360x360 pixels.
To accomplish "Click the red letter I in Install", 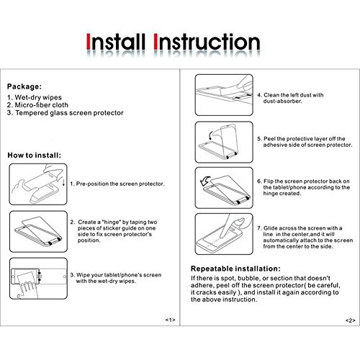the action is point(89,42).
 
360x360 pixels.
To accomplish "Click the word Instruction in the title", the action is point(207,42).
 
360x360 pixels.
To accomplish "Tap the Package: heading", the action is point(24,86).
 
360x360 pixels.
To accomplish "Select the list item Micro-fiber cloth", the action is point(37,105).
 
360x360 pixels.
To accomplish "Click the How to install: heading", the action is point(35,155).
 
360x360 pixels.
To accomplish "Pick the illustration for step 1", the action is point(38,184).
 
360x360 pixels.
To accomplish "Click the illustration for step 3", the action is point(38,279).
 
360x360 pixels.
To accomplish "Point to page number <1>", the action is point(170,320).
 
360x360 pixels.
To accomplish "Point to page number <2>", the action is point(351,320).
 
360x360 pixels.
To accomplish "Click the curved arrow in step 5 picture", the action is point(210,135).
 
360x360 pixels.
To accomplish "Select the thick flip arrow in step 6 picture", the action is point(205,181).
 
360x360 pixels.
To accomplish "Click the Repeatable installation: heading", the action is point(235,269).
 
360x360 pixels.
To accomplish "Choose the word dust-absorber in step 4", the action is point(282,101).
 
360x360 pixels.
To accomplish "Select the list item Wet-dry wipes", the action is point(35,97).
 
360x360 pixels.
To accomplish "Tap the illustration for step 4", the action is point(224,95).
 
